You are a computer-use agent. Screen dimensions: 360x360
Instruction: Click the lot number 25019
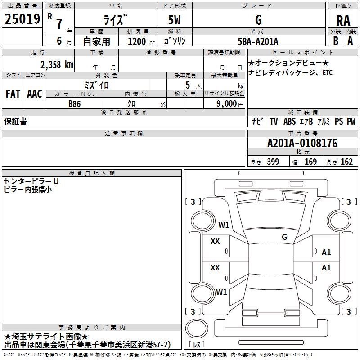click(22, 19)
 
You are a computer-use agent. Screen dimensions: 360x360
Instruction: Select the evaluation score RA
click(343, 21)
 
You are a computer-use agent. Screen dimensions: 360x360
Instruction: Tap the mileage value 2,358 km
click(57, 65)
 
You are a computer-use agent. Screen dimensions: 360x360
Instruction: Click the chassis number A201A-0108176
click(302, 143)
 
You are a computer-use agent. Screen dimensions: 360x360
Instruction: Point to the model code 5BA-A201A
click(258, 41)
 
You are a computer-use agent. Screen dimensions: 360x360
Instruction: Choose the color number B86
click(75, 104)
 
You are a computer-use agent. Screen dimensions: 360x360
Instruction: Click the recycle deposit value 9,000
click(226, 104)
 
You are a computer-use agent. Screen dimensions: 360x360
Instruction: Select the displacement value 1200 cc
click(141, 41)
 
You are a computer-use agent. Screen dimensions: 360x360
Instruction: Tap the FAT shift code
click(13, 94)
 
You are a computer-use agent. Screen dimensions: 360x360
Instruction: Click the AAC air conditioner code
click(35, 94)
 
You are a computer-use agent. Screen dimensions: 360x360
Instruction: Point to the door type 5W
click(174, 20)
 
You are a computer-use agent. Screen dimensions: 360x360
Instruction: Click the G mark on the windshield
click(284, 237)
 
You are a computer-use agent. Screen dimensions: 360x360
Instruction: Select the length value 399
click(273, 162)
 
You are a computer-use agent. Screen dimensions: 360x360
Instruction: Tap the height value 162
click(346, 162)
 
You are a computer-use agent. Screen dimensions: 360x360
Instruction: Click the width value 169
click(310, 162)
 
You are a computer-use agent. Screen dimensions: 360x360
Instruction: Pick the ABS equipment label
click(289, 121)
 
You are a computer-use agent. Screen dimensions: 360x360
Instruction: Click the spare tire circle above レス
click(197, 328)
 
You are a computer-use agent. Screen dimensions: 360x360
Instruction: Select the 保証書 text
click(15, 121)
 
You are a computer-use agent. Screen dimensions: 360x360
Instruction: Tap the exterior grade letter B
click(336, 41)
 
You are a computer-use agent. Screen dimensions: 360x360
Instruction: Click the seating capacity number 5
click(188, 85)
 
